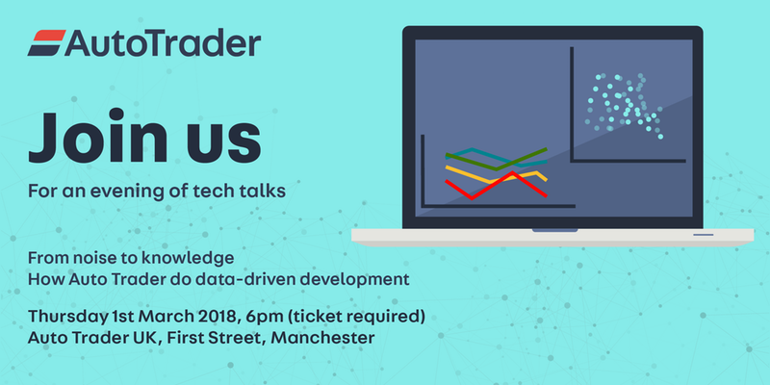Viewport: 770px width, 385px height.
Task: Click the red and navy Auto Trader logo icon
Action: (46, 42)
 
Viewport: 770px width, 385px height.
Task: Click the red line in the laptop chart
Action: (496, 186)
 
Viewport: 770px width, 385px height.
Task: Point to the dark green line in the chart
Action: (496, 159)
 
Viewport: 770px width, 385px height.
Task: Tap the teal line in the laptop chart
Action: (496, 157)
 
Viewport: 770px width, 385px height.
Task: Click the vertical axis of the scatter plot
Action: (572, 104)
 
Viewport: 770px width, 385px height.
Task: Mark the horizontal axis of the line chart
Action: (498, 206)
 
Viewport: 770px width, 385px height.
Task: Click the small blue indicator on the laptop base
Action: (704, 235)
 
